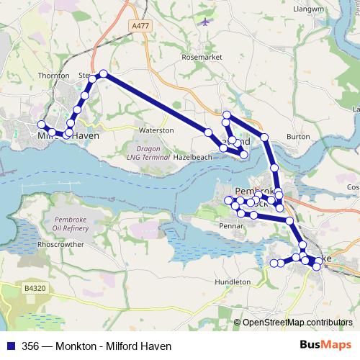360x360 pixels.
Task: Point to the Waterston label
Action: pos(156,130)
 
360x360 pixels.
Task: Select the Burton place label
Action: pos(297,136)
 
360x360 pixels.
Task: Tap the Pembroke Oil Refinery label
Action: pos(66,223)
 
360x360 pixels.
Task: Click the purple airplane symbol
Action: pos(207,22)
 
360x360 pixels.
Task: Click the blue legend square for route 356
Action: pos(9,345)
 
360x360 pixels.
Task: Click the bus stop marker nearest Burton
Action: pos(264,137)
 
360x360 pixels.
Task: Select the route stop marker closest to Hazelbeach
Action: pos(208,132)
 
